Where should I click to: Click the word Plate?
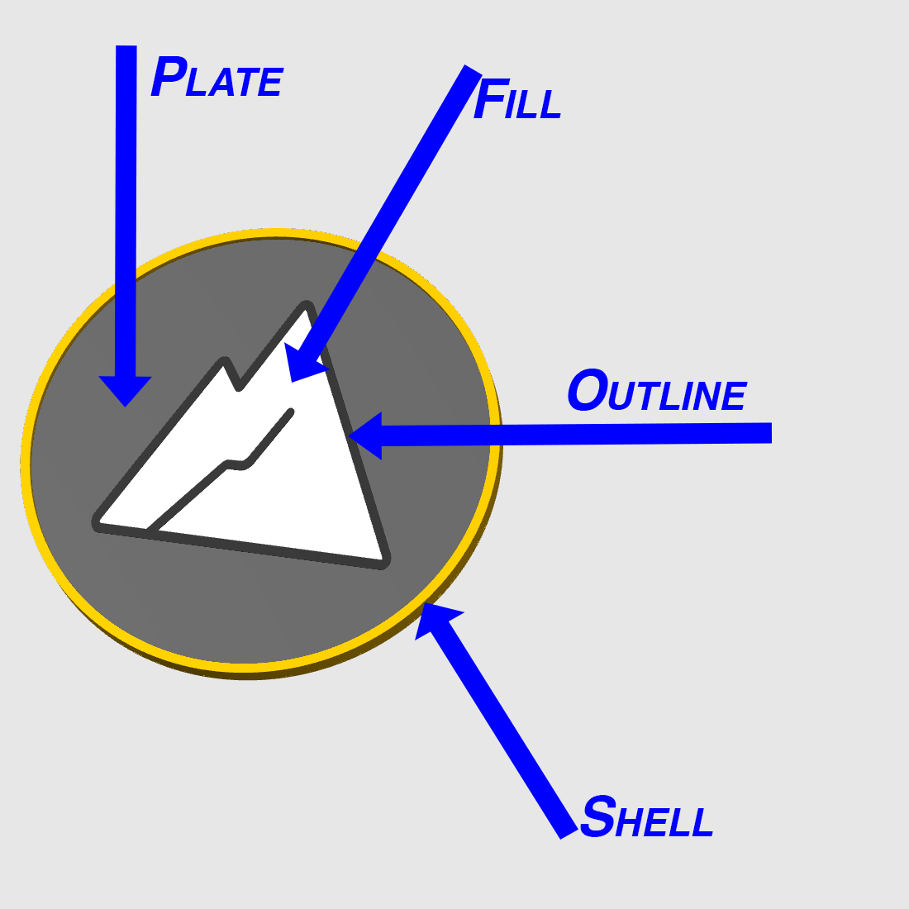coord(217,77)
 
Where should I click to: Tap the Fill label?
coord(517,99)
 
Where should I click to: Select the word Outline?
coord(658,391)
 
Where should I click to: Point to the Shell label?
coord(646,816)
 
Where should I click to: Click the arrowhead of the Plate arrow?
coord(126,392)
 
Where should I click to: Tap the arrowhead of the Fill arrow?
coord(302,364)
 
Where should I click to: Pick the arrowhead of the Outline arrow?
coord(364,436)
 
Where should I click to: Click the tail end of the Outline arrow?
coord(772,433)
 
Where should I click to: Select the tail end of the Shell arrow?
coord(569,834)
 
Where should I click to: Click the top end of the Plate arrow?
coord(126,45)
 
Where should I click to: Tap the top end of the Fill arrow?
coord(473,69)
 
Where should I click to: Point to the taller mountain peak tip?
coord(306,305)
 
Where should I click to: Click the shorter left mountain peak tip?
coord(225,360)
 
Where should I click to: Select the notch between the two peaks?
coord(238,388)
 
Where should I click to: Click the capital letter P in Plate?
coord(169,77)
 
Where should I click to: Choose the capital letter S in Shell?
coord(597,816)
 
